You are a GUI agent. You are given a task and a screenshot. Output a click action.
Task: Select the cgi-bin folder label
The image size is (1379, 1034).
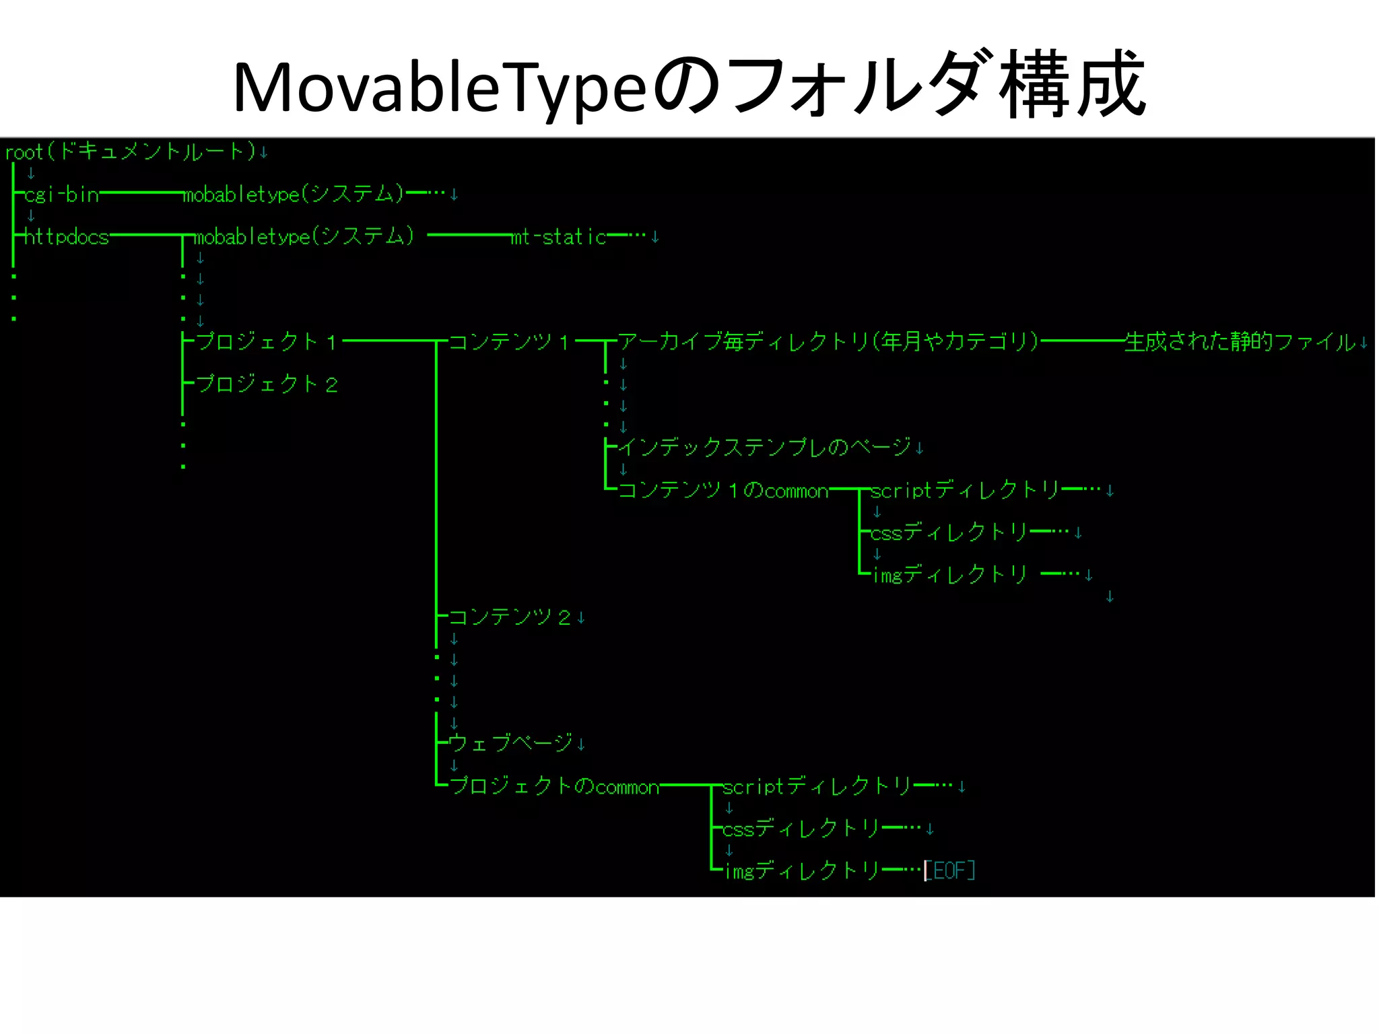pyautogui.click(x=62, y=195)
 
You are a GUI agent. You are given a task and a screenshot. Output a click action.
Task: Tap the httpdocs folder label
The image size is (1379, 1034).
pyautogui.click(x=66, y=237)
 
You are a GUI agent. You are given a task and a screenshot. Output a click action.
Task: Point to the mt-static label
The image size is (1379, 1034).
pyautogui.click(x=559, y=237)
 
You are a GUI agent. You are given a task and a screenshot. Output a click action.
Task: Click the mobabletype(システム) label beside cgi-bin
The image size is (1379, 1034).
pyautogui.click(x=294, y=195)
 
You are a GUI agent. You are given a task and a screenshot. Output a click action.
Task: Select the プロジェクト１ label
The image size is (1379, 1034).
pyautogui.click(x=267, y=342)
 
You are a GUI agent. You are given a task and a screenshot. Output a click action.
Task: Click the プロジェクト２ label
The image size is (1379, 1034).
pyautogui.click(x=267, y=384)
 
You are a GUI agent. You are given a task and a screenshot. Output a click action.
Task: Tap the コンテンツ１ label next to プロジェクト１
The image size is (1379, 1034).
pyautogui.click(x=509, y=342)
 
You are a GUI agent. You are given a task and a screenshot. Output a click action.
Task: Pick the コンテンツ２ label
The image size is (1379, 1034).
pyautogui.click(x=509, y=617)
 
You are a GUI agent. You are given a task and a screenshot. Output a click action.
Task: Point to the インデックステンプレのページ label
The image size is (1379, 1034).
pyautogui.click(x=765, y=447)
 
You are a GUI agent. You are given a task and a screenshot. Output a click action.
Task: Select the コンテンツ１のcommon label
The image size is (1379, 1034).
pyautogui.click(x=723, y=490)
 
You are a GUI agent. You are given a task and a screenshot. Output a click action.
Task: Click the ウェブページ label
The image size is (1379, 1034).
pyautogui.click(x=510, y=743)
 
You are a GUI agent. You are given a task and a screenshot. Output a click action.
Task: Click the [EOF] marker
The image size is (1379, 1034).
pyautogui.click(x=949, y=870)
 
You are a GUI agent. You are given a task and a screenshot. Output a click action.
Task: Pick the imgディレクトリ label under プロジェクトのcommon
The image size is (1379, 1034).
pyautogui.click(x=801, y=870)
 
